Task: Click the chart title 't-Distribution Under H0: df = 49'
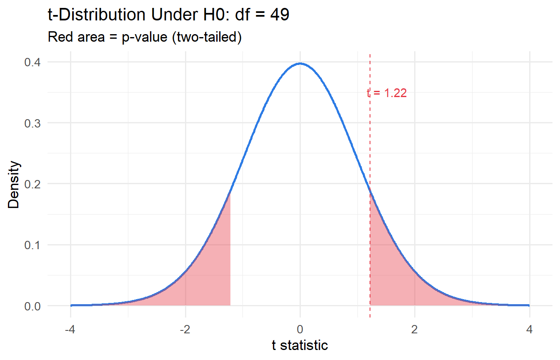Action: point(168,15)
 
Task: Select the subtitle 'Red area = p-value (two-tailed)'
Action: point(145,37)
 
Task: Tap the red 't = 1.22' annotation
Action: point(387,93)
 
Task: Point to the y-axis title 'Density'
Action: point(13,185)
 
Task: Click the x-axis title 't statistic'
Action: point(300,345)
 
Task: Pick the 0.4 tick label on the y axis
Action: point(32,62)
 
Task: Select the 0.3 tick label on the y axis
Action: point(32,123)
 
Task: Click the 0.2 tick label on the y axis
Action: point(32,184)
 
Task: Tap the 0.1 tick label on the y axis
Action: point(32,245)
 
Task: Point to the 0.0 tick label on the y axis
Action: point(32,306)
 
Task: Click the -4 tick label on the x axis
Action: point(70,330)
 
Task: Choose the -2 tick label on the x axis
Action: point(185,330)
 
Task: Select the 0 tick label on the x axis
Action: point(300,330)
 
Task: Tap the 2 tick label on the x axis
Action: point(415,330)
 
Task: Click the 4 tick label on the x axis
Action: point(529,330)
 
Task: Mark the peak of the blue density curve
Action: point(300,64)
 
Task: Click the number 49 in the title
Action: point(280,15)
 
